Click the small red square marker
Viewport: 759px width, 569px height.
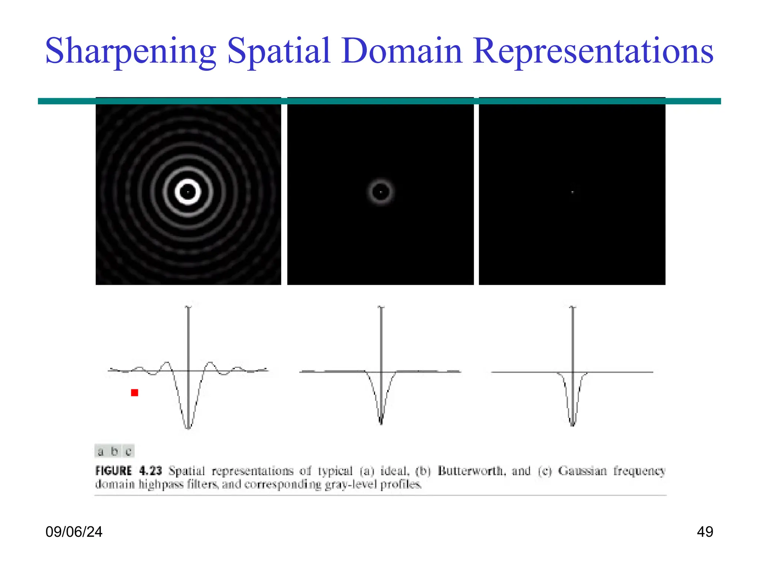[135, 393]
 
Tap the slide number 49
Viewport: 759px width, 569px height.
[705, 532]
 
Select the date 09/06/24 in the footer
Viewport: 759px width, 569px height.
[74, 532]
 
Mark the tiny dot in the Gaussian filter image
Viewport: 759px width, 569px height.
[573, 192]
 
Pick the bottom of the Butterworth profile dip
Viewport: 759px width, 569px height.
[381, 422]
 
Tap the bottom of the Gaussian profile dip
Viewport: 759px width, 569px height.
[573, 425]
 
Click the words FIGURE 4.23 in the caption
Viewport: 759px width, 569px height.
[129, 471]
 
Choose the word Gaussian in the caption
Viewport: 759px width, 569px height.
[582, 471]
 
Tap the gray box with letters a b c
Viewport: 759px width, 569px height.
[115, 451]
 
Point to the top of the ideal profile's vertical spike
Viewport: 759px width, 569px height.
[188, 307]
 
